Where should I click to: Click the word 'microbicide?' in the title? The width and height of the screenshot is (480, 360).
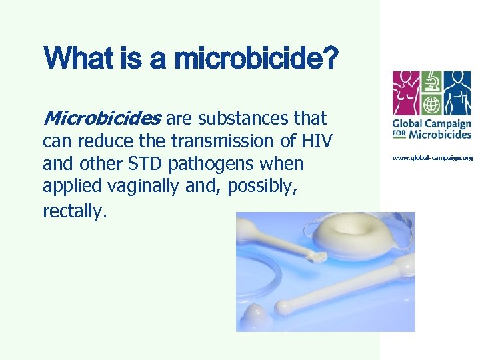click(x=256, y=58)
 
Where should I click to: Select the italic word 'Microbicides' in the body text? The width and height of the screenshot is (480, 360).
click(x=101, y=119)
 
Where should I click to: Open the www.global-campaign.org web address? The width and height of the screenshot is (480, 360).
click(x=432, y=158)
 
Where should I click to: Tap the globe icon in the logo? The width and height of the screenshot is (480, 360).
click(x=431, y=105)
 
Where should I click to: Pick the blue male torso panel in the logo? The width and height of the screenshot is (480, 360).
click(x=457, y=94)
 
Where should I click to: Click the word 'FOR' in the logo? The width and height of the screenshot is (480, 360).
click(x=399, y=134)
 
